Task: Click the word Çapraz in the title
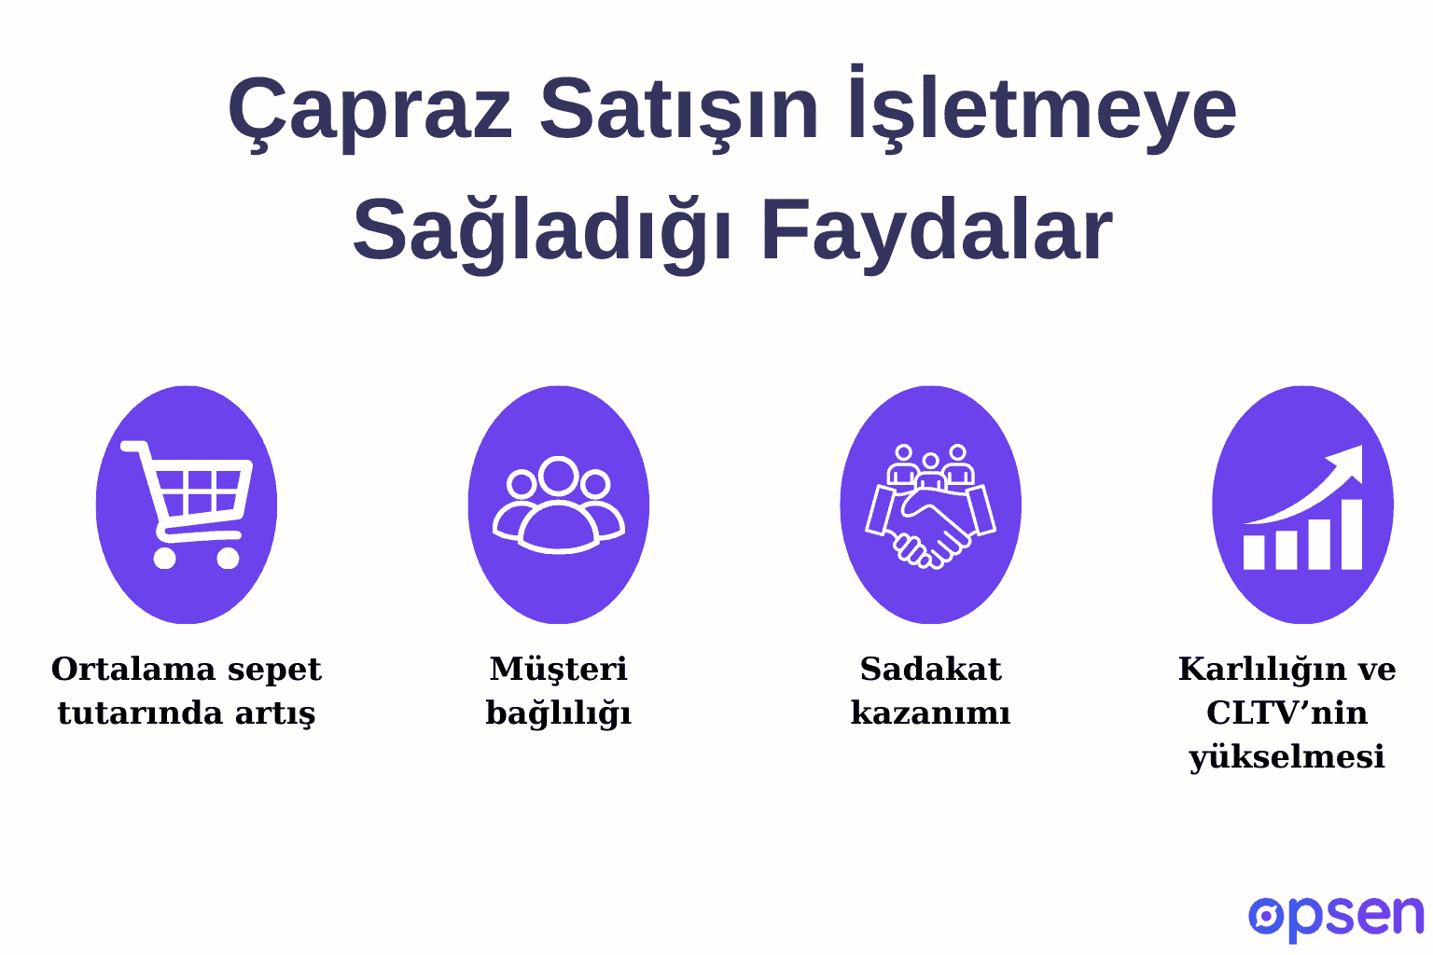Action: tap(369, 110)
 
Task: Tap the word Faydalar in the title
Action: tap(937, 230)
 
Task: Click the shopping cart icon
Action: tap(187, 504)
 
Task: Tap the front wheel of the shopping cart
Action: tap(228, 558)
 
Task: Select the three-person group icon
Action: tap(558, 504)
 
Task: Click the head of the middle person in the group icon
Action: tap(559, 476)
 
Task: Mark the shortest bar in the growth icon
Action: tap(1254, 551)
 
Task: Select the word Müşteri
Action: tap(558, 669)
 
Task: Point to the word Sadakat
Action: tap(930, 669)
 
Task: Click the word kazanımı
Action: tap(930, 713)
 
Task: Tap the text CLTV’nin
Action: tap(1287, 713)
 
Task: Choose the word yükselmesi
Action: tap(1287, 756)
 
